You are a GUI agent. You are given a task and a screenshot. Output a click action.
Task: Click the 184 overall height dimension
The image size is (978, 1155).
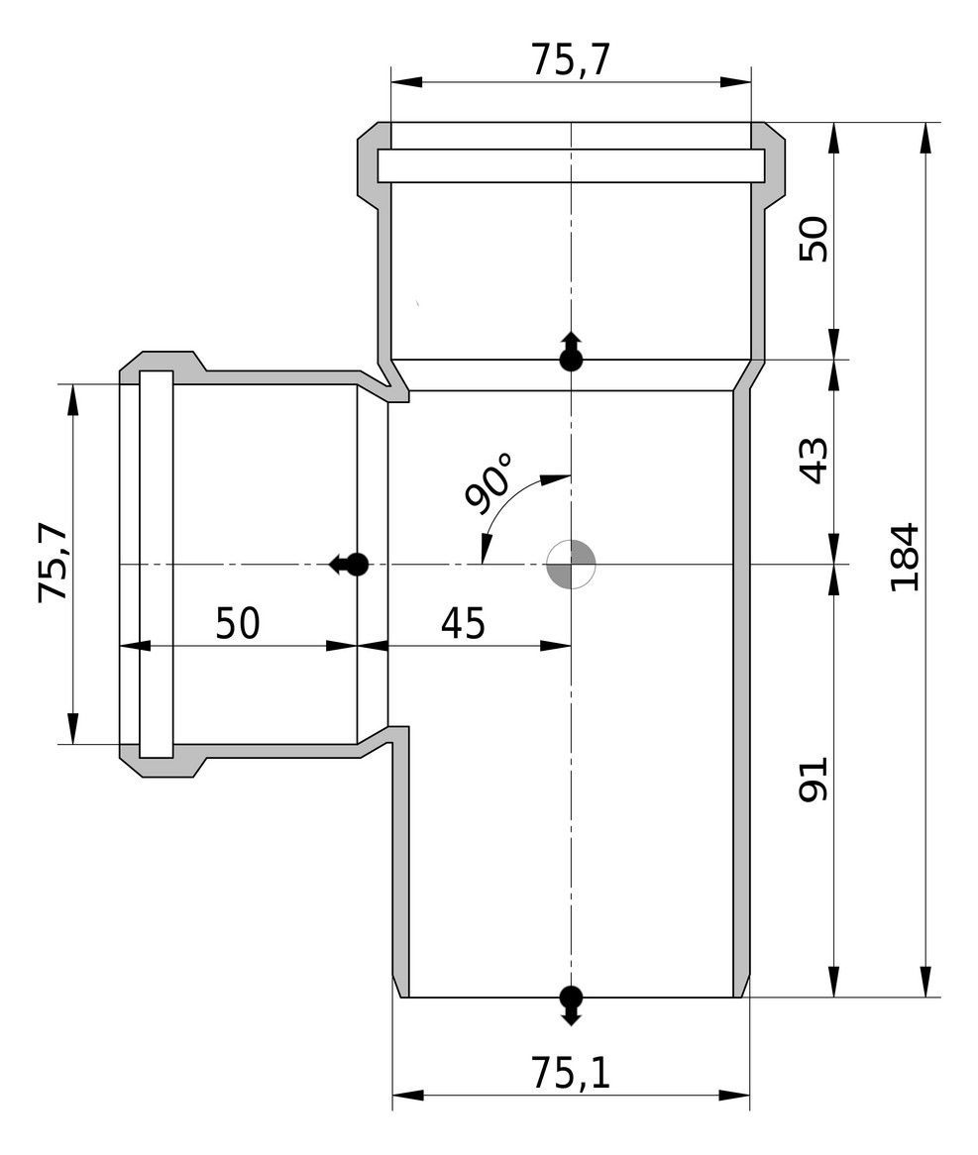point(905,557)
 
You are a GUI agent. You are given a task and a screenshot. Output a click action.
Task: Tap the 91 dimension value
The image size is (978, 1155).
point(813,781)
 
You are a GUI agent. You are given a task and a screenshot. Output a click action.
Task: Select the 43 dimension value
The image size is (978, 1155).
point(813,461)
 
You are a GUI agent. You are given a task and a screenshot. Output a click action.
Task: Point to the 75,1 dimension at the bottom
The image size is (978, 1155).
point(570,1072)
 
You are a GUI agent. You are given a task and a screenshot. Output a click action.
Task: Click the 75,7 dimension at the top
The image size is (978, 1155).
point(570,59)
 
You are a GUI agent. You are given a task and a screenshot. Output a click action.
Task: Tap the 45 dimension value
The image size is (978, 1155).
point(462,624)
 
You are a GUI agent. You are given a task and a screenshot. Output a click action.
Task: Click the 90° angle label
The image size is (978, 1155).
point(489,483)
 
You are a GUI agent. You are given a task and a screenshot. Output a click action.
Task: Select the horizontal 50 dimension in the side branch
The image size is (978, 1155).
point(238,624)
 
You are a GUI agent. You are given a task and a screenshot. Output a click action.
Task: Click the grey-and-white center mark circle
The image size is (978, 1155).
point(571,565)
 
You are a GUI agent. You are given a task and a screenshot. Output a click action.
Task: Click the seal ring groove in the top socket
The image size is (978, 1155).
point(571,165)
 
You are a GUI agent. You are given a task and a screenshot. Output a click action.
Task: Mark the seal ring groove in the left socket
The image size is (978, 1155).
point(156,563)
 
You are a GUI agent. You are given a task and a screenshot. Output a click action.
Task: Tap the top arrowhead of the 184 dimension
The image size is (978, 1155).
point(926,138)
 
